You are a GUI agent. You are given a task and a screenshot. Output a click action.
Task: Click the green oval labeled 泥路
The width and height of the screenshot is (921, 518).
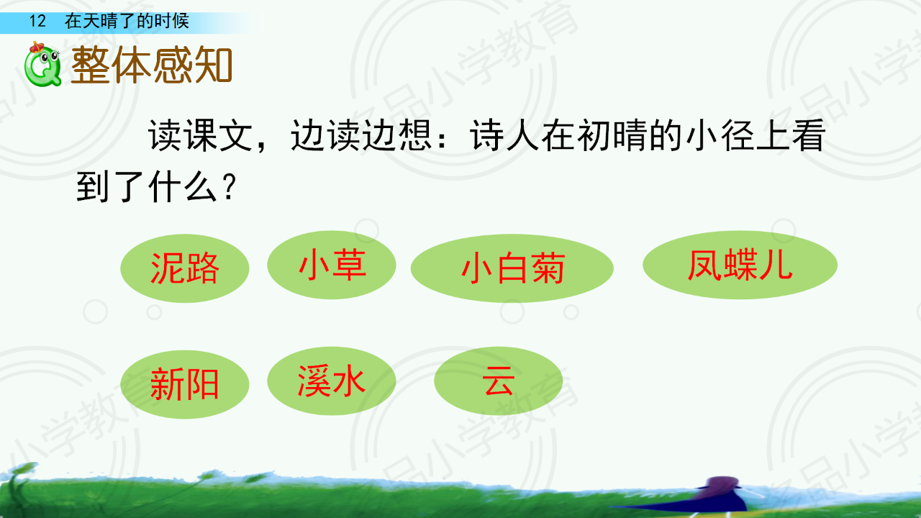point(185,268)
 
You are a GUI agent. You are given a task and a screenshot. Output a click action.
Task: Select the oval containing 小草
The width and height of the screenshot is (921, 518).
point(332,265)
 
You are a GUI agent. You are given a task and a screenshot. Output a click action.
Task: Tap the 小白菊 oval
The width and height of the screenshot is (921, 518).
point(512,268)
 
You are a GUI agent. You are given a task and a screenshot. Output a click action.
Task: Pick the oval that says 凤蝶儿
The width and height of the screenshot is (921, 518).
point(740,265)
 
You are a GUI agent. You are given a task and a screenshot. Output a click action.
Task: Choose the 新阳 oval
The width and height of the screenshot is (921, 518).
point(185,384)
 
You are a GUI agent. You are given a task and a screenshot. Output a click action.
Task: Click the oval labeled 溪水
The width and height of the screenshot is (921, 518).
point(332,381)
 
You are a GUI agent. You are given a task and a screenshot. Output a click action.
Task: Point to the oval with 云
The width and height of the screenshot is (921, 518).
point(499,381)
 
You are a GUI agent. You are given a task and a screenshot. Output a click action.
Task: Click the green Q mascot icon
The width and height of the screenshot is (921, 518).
point(42,65)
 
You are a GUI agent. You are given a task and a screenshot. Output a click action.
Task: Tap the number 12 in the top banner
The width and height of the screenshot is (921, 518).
point(37,21)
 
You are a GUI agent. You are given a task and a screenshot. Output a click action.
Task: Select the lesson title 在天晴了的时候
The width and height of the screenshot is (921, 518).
point(127,21)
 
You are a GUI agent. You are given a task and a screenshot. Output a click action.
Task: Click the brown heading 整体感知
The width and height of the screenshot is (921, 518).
point(152,65)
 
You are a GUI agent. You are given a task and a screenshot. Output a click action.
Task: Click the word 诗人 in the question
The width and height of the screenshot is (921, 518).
point(504,136)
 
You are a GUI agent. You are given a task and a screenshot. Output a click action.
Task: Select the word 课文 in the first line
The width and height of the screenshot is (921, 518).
point(218,136)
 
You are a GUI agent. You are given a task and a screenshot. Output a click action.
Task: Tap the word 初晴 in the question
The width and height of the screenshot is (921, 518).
point(612,136)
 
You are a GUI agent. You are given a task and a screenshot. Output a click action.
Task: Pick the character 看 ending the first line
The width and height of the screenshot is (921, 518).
point(808,136)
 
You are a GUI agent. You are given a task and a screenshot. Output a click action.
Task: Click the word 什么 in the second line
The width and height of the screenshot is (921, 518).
point(182,187)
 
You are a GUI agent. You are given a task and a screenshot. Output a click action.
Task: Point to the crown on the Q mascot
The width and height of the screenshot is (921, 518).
point(37,47)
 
